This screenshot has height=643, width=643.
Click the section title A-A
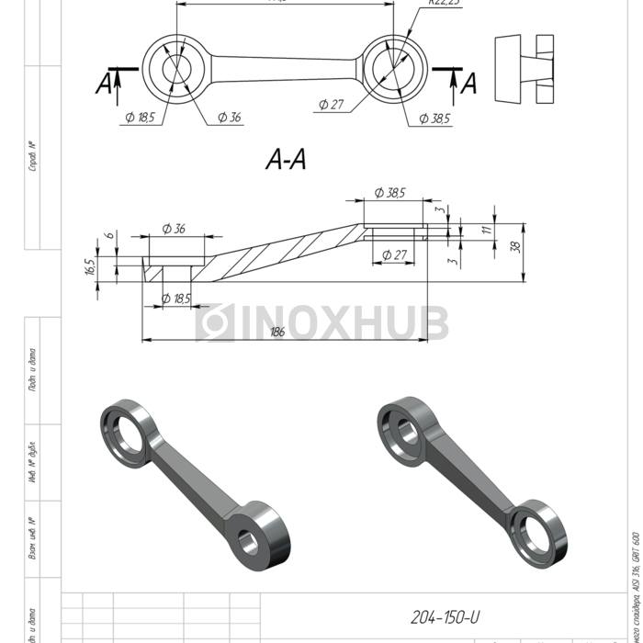point(286,161)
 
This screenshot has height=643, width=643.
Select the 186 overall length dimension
point(277,332)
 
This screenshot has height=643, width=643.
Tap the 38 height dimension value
point(515,246)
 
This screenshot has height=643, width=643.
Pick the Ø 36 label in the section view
point(173,228)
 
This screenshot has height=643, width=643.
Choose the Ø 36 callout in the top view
point(229,117)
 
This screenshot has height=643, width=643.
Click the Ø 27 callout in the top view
point(331,105)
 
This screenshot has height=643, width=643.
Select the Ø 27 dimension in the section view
point(394,254)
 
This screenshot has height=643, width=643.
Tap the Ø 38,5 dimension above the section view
point(389,193)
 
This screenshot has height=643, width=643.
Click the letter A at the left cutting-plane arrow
point(105,85)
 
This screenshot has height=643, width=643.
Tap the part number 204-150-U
point(445,617)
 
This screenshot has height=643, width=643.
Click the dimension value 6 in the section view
point(109,236)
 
